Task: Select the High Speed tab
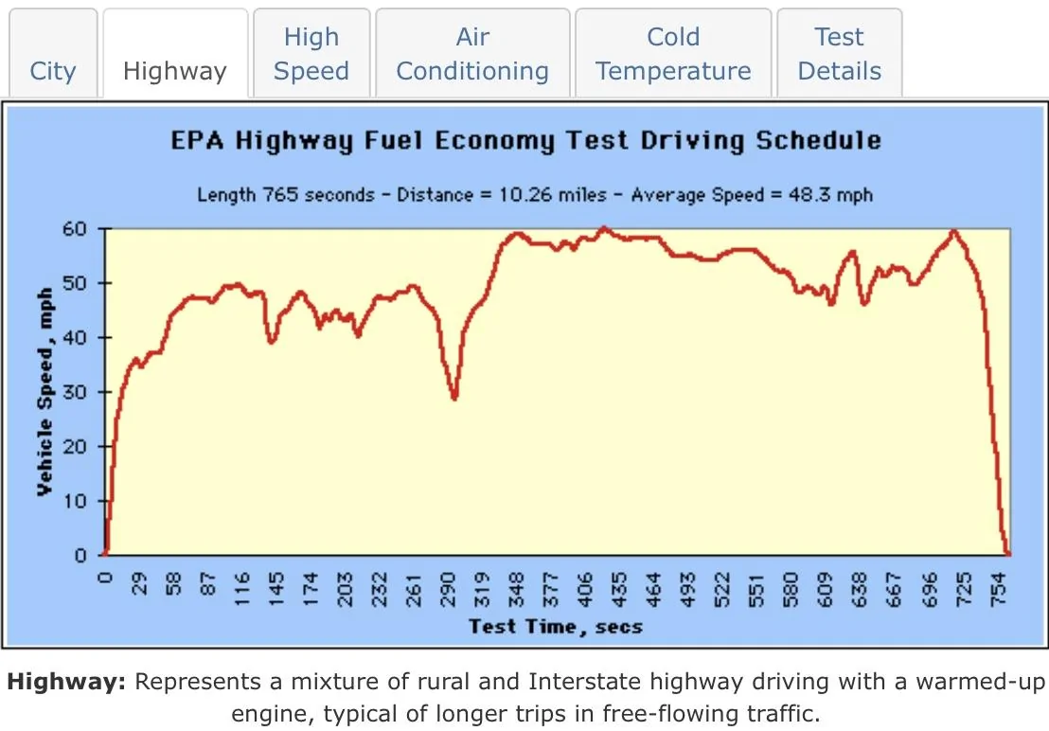311,54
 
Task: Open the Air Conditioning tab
472,54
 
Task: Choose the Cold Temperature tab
673,54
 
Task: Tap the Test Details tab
839,54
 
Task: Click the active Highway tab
175,71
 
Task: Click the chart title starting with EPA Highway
525,141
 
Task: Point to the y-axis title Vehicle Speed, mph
44,392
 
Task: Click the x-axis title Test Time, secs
556,626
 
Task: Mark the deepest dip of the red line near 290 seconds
454,399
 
